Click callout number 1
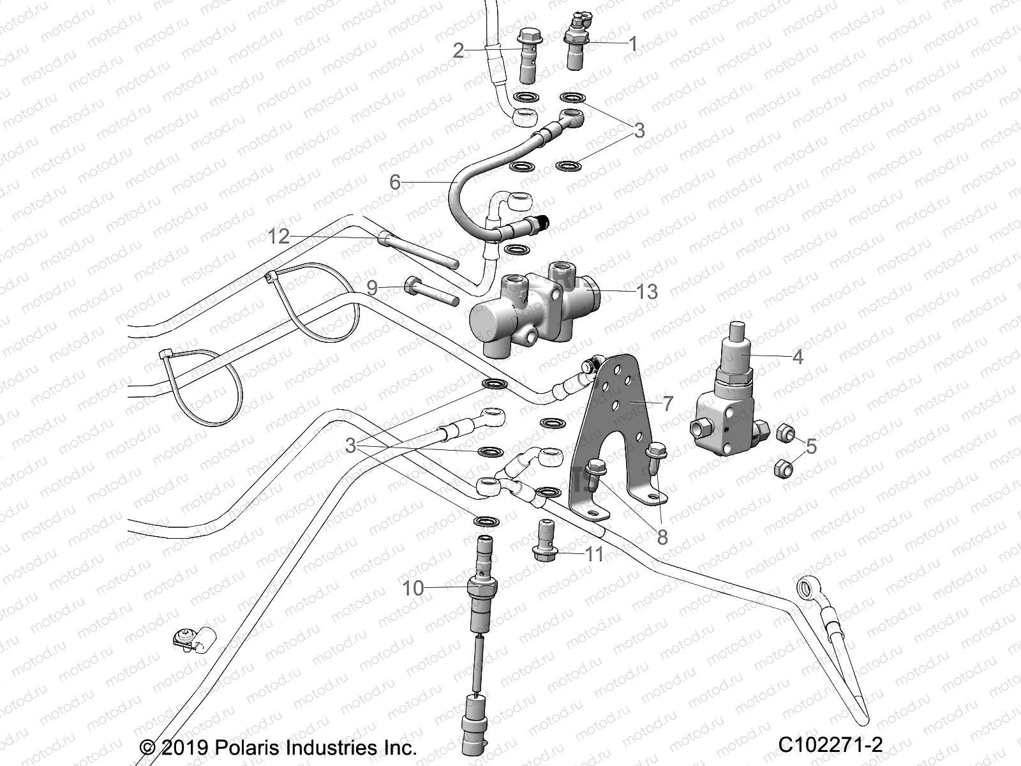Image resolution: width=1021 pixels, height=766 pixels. point(633,43)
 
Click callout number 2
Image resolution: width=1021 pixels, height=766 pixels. point(458,50)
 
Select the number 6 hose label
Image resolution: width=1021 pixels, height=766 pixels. point(395,183)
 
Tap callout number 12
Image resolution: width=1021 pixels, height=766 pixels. point(279,237)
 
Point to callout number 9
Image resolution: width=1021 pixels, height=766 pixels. point(372,288)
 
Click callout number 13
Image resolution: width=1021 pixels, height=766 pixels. point(647,292)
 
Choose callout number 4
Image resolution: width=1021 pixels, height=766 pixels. point(798,356)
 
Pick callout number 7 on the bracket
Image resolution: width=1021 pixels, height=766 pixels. point(667,403)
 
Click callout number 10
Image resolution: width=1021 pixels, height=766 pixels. point(413,588)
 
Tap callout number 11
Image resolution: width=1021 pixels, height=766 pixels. point(594,553)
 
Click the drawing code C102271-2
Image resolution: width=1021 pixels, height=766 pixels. point(830,744)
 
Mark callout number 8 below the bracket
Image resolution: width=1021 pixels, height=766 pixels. point(662,537)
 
